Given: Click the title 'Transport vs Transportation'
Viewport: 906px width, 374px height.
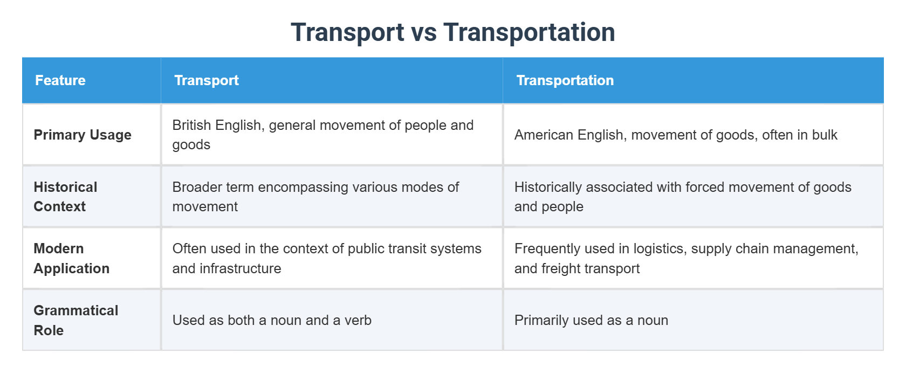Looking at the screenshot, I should pos(452,32).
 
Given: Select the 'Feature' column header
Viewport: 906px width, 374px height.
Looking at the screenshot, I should pos(60,80).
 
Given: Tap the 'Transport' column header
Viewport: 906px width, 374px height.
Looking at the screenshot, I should pos(207,80).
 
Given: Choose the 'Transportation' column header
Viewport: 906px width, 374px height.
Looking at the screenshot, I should pos(565,80).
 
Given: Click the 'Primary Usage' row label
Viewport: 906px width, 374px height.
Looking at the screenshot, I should pos(83,135).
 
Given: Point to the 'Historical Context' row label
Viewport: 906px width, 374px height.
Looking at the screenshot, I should pos(65,197).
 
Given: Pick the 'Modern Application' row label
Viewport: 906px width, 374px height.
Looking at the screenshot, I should pos(71,258).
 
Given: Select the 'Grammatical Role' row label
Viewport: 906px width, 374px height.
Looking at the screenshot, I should pos(75,320).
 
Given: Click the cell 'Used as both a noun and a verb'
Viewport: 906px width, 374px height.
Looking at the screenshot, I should pos(272,320).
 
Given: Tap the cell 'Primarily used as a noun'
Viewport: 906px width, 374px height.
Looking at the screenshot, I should pos(591,320).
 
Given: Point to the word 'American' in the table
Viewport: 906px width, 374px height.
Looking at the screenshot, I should pos(543,135).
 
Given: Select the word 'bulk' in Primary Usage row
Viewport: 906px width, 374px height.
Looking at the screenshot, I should pos(825,135).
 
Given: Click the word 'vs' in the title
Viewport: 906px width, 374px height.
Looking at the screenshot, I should pos(424,32).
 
